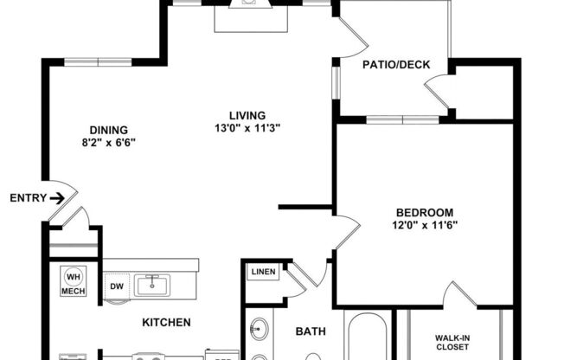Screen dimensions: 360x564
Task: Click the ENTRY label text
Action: pos(27,198)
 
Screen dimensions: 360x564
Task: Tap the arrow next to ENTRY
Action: pos(57,198)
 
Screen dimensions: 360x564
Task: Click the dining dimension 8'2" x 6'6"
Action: pos(109,143)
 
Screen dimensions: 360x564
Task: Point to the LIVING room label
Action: pos(247,115)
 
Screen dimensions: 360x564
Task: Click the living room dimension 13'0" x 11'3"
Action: pos(247,128)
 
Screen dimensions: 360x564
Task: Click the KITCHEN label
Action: pos(167,322)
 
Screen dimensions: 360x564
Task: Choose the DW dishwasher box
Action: pos(116,285)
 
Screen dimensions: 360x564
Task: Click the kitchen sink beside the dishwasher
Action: pos(154,284)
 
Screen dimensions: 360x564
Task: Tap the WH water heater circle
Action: pos(73,277)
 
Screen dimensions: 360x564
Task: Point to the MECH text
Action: pos(73,292)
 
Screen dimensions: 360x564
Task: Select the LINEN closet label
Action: pos(262,273)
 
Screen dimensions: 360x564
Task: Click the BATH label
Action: pos(310,331)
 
